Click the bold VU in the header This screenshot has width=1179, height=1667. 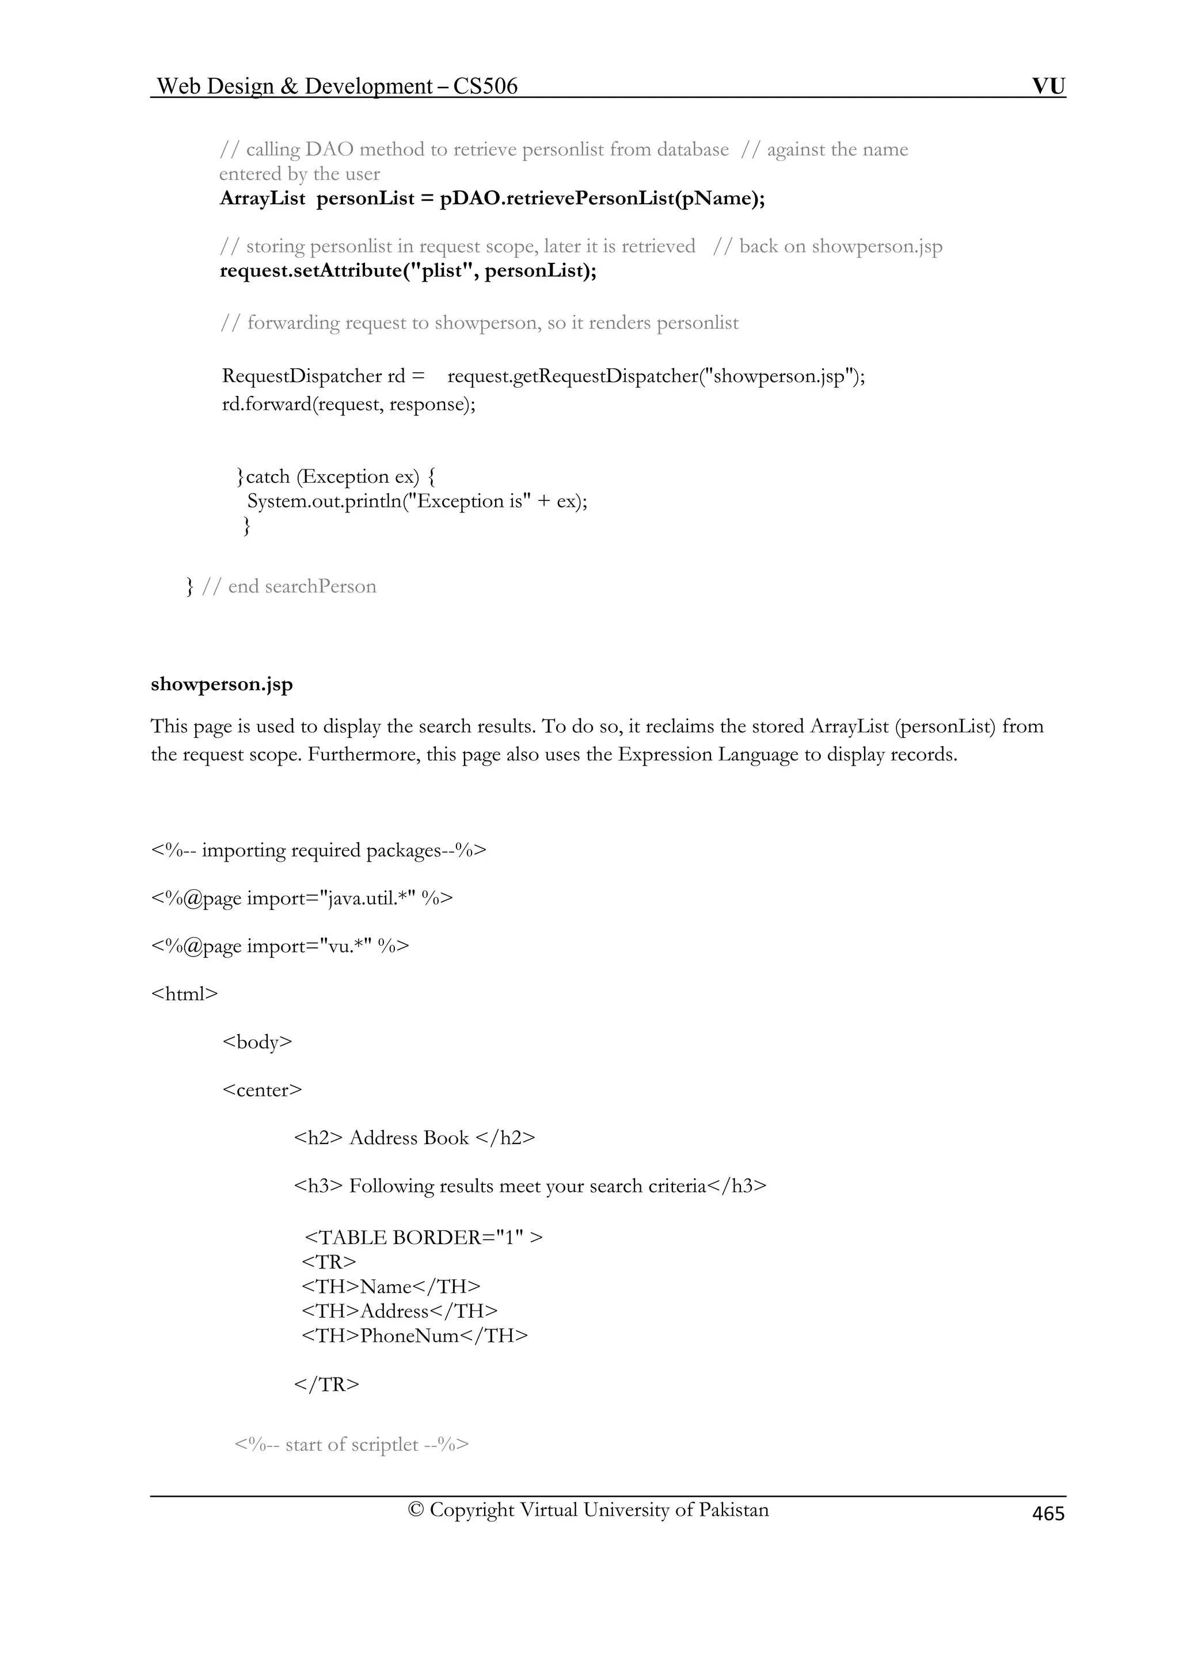click(x=1048, y=86)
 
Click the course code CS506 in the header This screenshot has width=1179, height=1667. click(x=485, y=86)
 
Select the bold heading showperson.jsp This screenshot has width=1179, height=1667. click(x=222, y=684)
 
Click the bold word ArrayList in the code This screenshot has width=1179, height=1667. click(x=263, y=198)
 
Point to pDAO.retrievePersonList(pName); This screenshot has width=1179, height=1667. click(x=602, y=198)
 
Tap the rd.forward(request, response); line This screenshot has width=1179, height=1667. click(x=349, y=404)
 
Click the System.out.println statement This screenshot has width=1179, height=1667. click(x=417, y=501)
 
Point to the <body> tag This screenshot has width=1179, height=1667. click(x=257, y=1041)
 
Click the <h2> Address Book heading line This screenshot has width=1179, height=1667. click(x=414, y=1137)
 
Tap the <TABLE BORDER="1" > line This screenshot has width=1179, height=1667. click(x=424, y=1237)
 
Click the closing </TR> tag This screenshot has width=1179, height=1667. click(x=326, y=1384)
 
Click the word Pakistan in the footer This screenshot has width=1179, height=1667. click(x=733, y=1509)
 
